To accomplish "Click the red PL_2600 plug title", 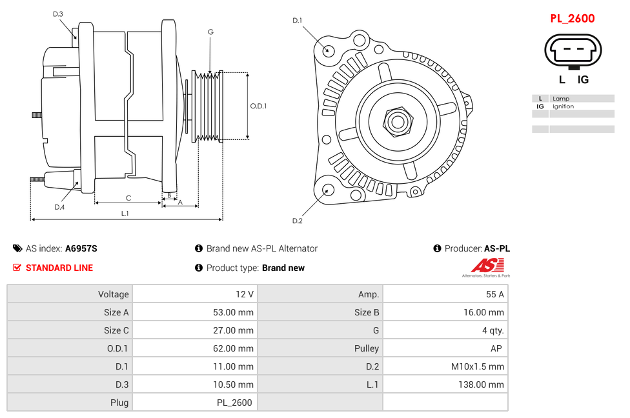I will click(x=572, y=19).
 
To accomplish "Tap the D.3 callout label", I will click(x=58, y=14).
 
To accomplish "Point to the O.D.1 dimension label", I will click(x=258, y=106).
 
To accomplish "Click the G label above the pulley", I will click(x=210, y=32).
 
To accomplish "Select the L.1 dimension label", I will click(x=125, y=213).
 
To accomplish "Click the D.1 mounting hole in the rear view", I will click(x=328, y=50).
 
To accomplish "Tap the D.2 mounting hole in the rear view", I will click(x=327, y=190).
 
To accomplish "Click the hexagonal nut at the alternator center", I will click(x=398, y=121).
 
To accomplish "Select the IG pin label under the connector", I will click(x=583, y=79).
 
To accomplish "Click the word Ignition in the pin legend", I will click(x=563, y=106).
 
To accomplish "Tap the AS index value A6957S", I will click(x=81, y=248).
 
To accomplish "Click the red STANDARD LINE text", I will click(x=59, y=268).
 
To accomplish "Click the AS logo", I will click(x=486, y=266).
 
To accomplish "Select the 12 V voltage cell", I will click(x=245, y=294).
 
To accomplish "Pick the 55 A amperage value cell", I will click(x=494, y=294).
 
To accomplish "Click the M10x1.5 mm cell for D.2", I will click(x=477, y=366).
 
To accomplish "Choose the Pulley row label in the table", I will click(x=367, y=348).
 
